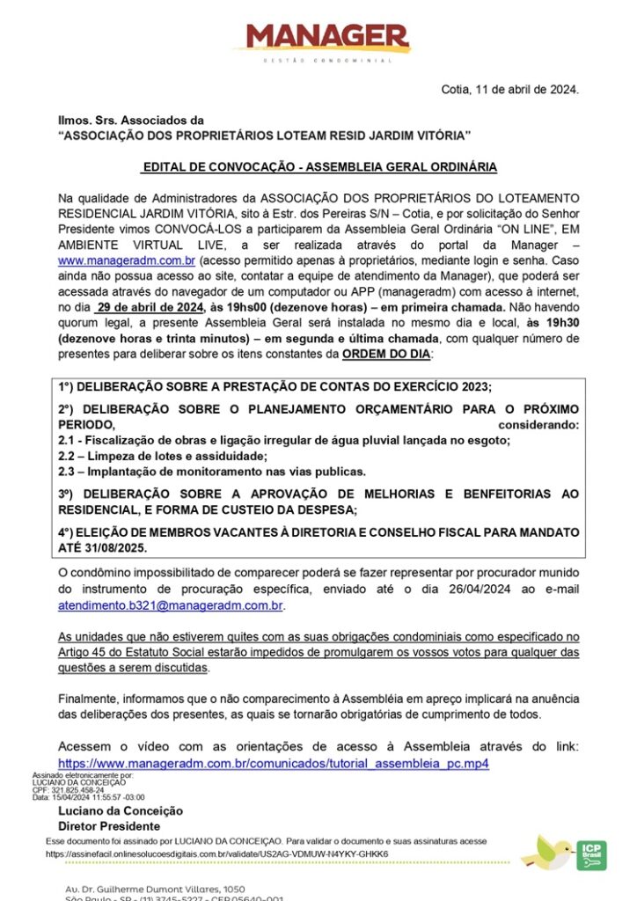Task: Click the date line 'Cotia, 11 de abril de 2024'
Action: (x=510, y=89)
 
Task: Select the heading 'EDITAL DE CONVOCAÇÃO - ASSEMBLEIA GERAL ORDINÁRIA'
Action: (x=319, y=166)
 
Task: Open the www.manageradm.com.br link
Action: (x=127, y=261)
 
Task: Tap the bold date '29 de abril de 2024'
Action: (x=151, y=307)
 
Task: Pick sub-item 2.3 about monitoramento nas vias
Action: (x=212, y=471)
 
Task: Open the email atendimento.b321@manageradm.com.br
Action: (x=172, y=606)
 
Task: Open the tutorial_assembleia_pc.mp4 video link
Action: (x=273, y=763)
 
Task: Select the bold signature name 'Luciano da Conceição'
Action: (x=121, y=811)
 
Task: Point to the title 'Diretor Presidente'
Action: (x=109, y=826)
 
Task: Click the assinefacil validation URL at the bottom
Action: (x=216, y=853)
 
